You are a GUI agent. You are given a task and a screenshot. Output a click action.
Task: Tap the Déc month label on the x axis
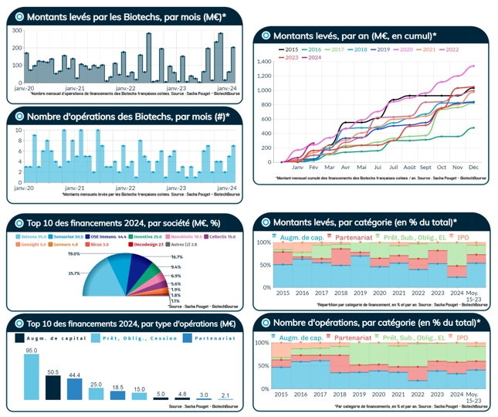coord(473,167)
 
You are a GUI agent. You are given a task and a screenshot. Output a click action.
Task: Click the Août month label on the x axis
coord(410,167)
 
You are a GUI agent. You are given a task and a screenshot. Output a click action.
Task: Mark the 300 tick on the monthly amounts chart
coord(17,31)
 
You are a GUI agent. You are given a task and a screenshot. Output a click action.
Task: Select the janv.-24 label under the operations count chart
coord(223,188)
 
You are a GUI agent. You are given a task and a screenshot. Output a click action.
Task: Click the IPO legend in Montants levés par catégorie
coord(462,237)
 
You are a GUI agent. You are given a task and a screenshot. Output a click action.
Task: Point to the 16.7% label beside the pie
coord(176,256)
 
